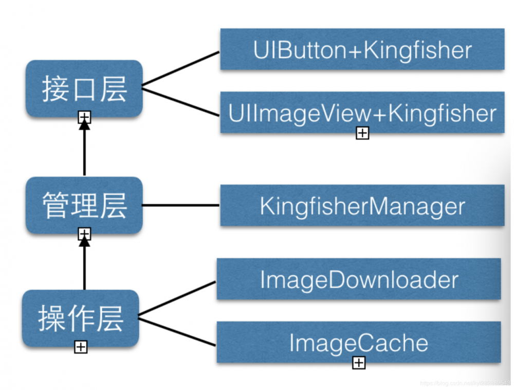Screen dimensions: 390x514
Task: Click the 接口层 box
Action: pos(84,88)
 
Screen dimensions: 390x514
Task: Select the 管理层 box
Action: pos(84,205)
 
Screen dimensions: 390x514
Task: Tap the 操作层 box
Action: pos(81,318)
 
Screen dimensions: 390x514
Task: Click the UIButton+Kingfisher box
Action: pos(362,50)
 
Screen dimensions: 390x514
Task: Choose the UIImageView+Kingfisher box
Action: pos(362,113)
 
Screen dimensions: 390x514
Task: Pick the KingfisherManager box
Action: pos(362,206)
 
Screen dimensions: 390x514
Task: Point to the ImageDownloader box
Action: pos(358,279)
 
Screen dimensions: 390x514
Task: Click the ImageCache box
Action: pos(358,342)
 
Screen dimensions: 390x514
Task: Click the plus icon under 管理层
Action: pos(84,235)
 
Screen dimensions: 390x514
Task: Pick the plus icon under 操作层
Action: pos(81,347)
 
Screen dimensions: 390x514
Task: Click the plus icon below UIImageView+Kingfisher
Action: pos(362,133)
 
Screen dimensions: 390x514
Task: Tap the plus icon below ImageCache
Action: pos(359,363)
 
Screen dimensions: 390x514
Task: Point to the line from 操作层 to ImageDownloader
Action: pos(177,297)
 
